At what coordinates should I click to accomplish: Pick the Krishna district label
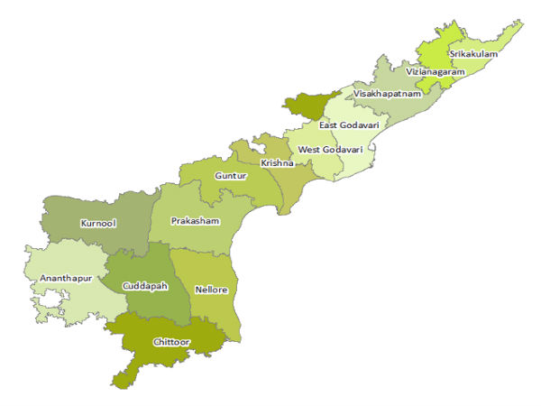(277, 162)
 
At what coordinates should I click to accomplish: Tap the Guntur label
(231, 175)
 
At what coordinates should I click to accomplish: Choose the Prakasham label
(195, 220)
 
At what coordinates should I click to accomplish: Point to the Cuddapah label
(145, 284)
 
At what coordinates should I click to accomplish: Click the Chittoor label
(172, 343)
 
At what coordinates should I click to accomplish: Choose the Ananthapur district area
(54, 298)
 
